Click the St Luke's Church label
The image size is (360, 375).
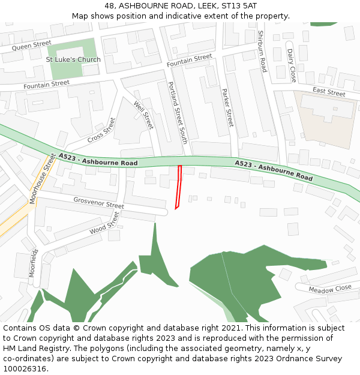[x=73, y=59]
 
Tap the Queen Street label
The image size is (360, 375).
[x=32, y=45]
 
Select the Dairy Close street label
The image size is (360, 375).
[x=291, y=65]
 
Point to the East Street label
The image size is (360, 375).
[x=329, y=92]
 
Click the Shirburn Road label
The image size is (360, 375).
[x=261, y=52]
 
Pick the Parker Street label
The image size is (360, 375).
[x=227, y=107]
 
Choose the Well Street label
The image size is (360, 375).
[x=143, y=115]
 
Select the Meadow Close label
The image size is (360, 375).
[x=330, y=289]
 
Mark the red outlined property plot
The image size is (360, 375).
[x=178, y=187]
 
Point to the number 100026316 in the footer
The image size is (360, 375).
[x=26, y=369]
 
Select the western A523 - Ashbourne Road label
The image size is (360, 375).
[x=98, y=160]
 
